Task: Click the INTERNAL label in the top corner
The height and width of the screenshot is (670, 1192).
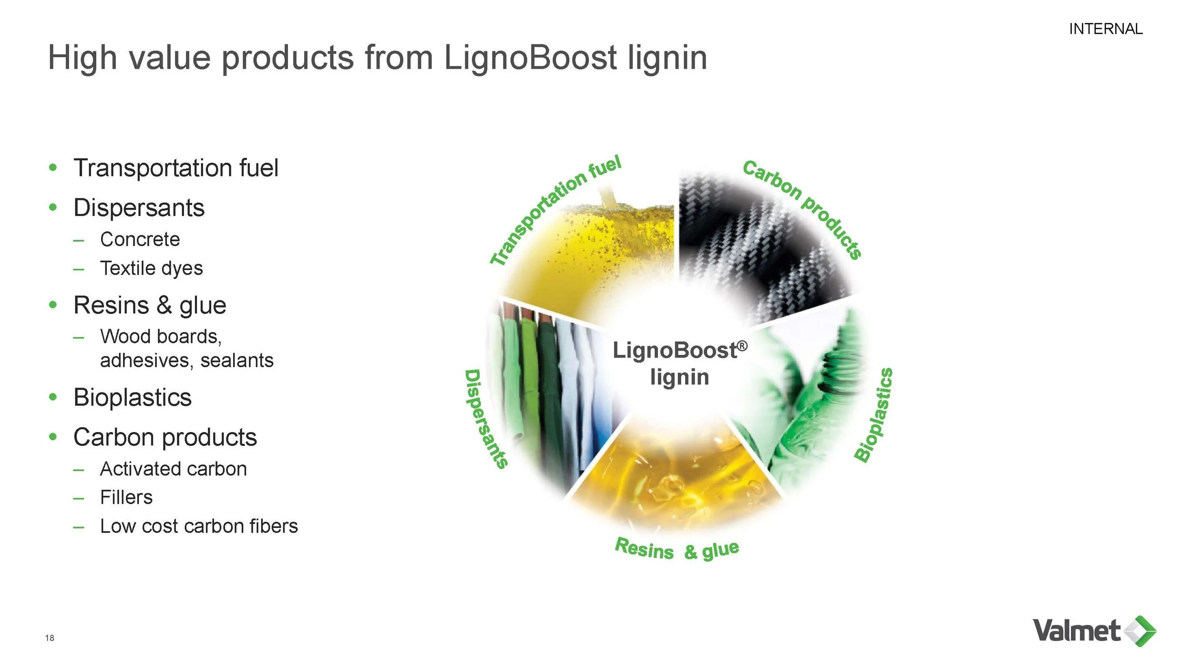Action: pyautogui.click(x=1105, y=29)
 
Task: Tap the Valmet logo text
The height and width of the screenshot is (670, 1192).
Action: pyautogui.click(x=1076, y=631)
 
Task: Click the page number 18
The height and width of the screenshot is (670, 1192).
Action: pyautogui.click(x=50, y=638)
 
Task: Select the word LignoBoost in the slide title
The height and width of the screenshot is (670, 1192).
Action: pyautogui.click(x=530, y=58)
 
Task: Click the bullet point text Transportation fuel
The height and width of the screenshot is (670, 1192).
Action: pyautogui.click(x=175, y=168)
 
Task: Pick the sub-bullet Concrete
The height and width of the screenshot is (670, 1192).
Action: pyautogui.click(x=140, y=239)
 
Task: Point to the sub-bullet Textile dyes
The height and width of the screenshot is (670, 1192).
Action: pyautogui.click(x=151, y=268)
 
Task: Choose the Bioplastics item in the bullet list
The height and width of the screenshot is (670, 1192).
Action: pyautogui.click(x=132, y=398)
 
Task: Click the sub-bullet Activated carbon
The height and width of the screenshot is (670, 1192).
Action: pyautogui.click(x=173, y=469)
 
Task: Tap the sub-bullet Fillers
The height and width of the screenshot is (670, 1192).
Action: pyautogui.click(x=126, y=498)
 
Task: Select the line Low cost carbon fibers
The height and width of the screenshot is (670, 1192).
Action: pyautogui.click(x=198, y=526)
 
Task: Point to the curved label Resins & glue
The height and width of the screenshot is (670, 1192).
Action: pyautogui.click(x=677, y=549)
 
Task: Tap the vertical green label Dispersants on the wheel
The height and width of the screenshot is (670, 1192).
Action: pyautogui.click(x=485, y=419)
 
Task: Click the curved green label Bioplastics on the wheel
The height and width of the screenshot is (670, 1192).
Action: pyautogui.click(x=873, y=415)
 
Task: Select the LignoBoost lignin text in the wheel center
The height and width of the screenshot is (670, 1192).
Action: pyautogui.click(x=679, y=363)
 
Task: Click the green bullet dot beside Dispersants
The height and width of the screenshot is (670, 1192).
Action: pyautogui.click(x=53, y=207)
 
